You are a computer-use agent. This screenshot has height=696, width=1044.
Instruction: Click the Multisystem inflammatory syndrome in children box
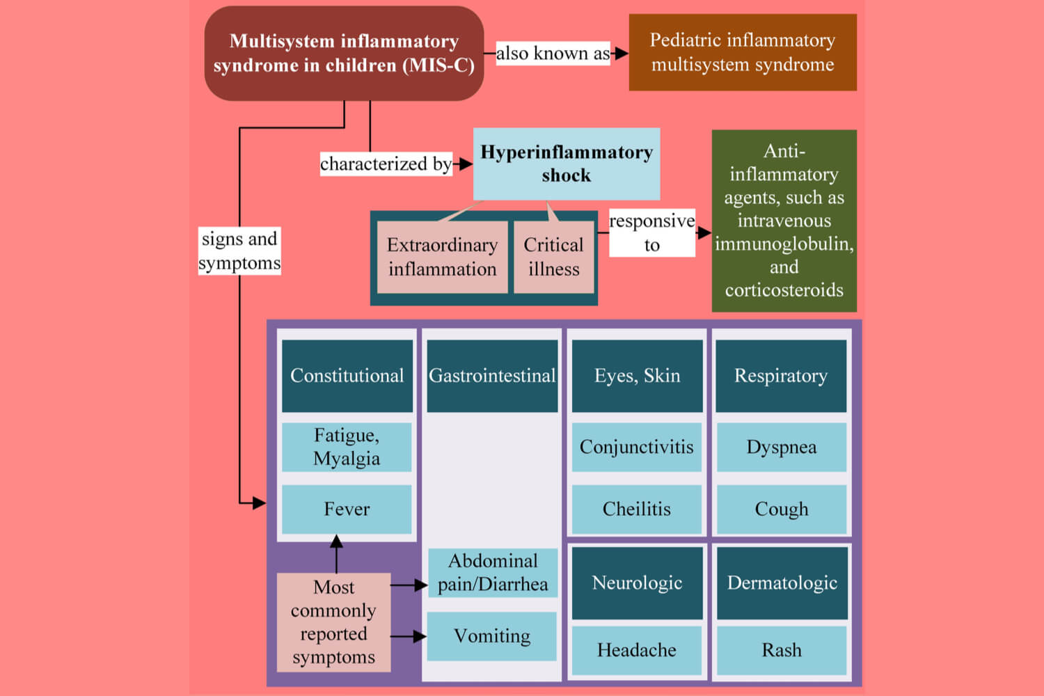344,54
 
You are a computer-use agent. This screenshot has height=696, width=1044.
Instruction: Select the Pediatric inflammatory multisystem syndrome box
742,52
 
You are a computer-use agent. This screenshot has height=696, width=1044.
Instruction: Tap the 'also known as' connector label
553,54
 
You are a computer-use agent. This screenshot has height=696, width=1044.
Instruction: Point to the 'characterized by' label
385,164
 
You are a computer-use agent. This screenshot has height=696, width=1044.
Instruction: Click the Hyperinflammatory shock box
566,164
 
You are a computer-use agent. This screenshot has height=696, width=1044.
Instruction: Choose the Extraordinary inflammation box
442,257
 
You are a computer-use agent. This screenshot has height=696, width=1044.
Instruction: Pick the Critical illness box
553,257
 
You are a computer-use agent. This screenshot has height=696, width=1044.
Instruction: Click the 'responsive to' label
651,233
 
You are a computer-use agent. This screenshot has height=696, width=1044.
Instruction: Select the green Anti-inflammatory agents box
784,221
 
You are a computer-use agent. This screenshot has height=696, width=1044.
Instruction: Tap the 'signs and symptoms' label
239,251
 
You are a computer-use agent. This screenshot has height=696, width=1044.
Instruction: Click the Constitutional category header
347,376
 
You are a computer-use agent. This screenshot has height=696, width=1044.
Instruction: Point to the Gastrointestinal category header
492,376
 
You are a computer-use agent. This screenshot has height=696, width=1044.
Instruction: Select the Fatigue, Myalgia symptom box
347,447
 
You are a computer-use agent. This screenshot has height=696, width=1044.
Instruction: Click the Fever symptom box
347,509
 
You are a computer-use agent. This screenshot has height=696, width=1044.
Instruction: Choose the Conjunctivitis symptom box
636,447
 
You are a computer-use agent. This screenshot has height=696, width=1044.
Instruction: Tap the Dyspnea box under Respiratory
781,447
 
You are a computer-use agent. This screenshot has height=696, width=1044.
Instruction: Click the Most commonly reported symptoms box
333,622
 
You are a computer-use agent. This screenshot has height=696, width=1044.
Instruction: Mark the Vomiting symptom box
491,636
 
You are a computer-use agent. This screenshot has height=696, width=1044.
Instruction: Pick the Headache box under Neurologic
636,650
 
